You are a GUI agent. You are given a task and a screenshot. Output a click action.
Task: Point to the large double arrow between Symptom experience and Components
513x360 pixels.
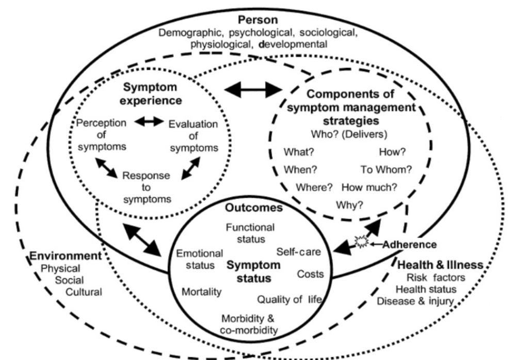(252, 90)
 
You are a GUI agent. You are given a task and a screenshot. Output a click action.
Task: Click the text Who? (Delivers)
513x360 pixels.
(349, 134)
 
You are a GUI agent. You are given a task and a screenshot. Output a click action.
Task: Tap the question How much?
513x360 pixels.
(369, 187)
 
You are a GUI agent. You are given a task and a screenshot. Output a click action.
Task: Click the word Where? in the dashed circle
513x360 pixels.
(314, 187)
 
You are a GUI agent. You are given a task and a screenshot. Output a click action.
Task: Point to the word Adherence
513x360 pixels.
(409, 244)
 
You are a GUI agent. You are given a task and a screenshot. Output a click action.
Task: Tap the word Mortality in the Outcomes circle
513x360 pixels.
(201, 292)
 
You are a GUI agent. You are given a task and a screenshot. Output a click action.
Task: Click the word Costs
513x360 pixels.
(310, 274)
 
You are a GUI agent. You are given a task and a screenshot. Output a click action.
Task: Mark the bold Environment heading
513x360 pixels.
(66, 256)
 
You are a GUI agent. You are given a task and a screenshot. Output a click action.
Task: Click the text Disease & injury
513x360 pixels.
(415, 301)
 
